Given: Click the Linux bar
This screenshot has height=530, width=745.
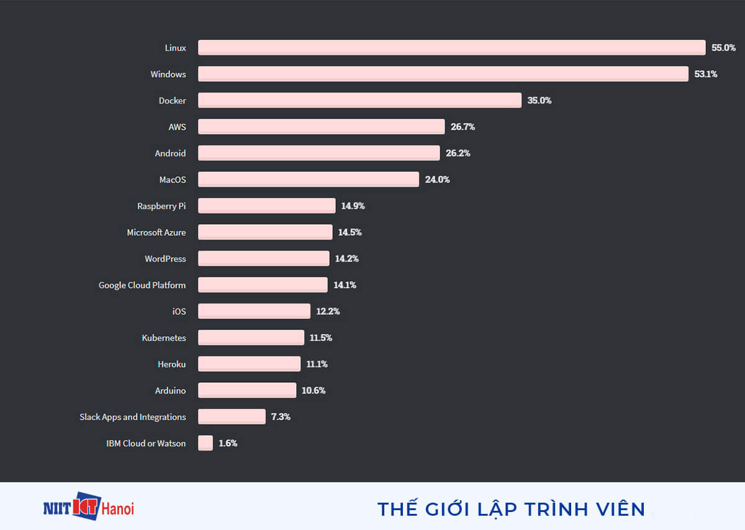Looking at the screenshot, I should coord(451,48).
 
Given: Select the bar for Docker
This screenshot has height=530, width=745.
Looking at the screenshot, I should coord(359,101).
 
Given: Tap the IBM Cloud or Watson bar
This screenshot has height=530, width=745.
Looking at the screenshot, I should coord(205,443).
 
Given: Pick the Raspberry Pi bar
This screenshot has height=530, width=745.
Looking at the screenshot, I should coord(266,206).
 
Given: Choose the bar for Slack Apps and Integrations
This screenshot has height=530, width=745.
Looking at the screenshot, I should coord(232,417).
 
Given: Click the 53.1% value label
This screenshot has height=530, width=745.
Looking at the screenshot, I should coord(706,74).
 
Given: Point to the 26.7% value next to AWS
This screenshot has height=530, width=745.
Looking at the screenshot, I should coord(463,127).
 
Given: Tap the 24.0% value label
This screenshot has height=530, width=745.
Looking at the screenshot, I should coord(437,179).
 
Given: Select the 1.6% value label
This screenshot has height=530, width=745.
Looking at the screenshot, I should coord(228,443).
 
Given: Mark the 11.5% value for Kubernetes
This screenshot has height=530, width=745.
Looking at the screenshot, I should coord(321,338).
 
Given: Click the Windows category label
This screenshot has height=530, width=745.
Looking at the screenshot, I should coord(168,74).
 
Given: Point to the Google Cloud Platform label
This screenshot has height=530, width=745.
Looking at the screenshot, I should coord(142,285).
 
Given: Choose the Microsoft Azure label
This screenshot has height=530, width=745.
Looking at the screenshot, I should coord(156,232).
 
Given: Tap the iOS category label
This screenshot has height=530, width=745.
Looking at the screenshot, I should coord(179,312).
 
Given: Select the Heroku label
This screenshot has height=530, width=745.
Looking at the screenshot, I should coord(171,364).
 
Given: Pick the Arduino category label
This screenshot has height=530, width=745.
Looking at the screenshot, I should coord(170,390).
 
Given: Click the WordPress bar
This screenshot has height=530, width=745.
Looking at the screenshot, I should coord(263,259).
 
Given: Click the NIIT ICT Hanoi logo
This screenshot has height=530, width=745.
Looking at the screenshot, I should coord(88,508).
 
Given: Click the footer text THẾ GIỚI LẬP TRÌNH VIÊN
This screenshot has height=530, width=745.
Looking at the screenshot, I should coord(511,510).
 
